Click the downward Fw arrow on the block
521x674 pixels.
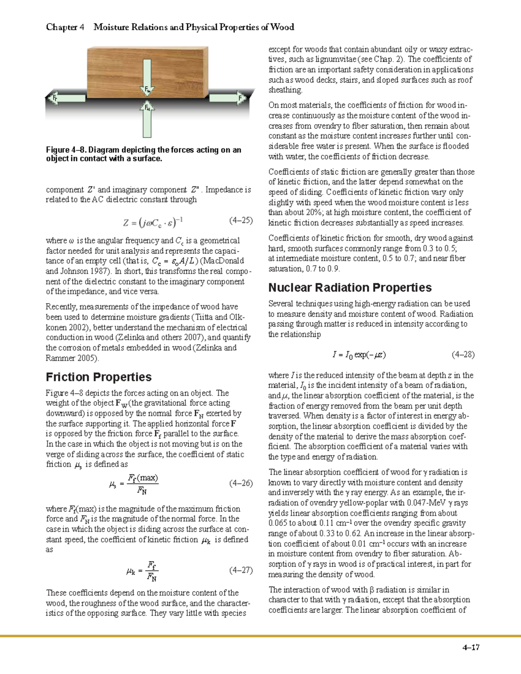point(147,76)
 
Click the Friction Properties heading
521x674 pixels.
point(99,377)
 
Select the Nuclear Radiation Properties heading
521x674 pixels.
point(350,287)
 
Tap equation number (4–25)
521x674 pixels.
point(241,220)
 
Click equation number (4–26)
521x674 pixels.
point(241,483)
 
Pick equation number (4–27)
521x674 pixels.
point(241,570)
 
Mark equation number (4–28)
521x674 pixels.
point(463,355)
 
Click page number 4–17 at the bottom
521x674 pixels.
point(471,648)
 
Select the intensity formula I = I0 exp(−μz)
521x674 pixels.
point(359,355)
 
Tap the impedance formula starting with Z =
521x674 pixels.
point(153,223)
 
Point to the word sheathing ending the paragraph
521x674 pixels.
point(285,90)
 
